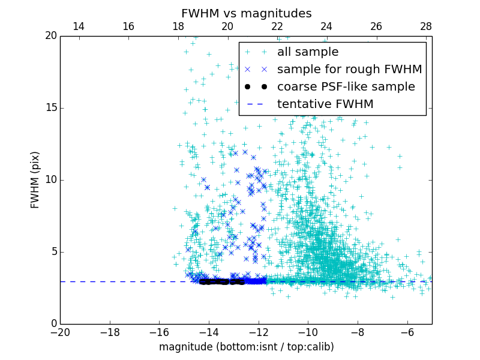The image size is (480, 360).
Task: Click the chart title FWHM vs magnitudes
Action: (246, 13)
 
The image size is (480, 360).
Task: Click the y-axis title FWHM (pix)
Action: (35, 179)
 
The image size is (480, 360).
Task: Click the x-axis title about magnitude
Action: (246, 347)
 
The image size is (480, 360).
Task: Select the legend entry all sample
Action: (307, 52)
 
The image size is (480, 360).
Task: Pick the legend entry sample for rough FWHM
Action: (349, 70)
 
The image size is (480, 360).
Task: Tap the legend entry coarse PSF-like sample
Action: (346, 87)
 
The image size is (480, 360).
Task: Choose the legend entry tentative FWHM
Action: (325, 104)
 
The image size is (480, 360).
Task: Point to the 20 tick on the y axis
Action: (50, 36)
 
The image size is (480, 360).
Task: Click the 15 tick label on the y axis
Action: (50, 108)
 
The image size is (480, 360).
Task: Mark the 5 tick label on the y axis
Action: (53, 252)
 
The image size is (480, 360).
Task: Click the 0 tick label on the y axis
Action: (53, 324)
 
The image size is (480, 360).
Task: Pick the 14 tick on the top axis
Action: (78, 26)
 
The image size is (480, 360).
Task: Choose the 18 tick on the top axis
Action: (178, 26)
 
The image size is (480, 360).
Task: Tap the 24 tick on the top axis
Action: (326, 26)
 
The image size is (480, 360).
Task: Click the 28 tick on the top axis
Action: (426, 26)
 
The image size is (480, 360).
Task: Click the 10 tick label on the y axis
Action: (50, 180)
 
